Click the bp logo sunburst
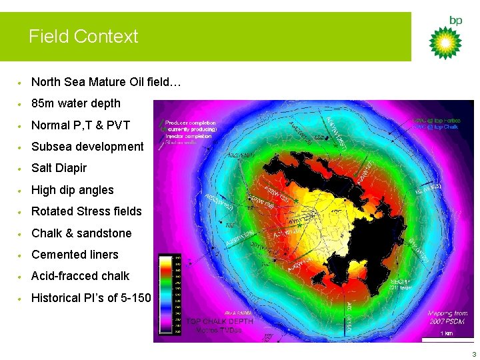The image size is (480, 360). (445, 43)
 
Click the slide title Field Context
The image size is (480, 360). (83, 36)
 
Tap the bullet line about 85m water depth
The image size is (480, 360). (76, 103)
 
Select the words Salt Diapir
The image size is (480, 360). (59, 168)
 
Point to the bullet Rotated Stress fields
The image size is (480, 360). (87, 211)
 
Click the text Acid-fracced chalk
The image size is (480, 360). (80, 276)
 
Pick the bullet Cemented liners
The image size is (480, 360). (75, 255)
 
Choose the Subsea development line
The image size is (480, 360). (87, 147)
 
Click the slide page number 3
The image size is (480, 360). (473, 354)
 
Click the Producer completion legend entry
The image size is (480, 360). (190, 123)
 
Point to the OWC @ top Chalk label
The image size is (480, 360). (435, 127)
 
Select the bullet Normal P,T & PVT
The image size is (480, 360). (81, 125)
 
